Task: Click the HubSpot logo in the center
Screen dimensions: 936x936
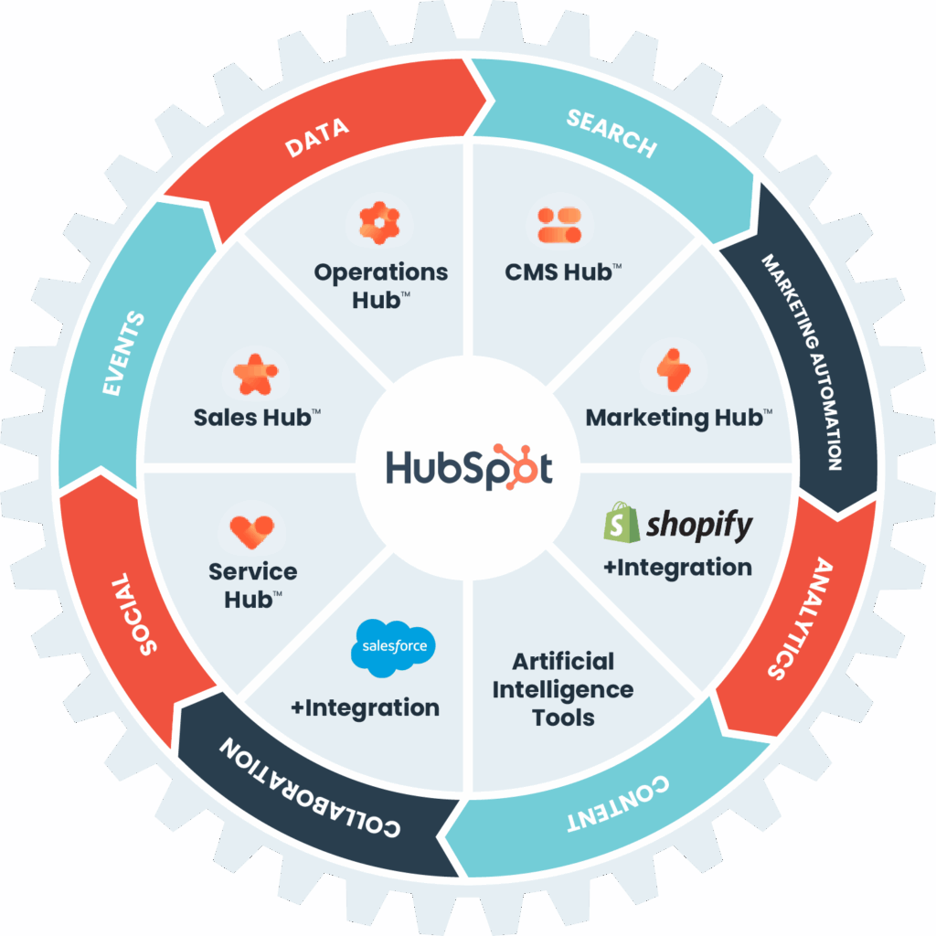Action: [x=468, y=468]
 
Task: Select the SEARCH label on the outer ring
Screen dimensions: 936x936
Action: [x=611, y=133]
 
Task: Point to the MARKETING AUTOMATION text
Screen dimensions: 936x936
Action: [x=802, y=360]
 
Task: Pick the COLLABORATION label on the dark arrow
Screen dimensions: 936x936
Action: [x=311, y=787]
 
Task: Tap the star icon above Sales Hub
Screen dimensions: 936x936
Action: [x=255, y=374]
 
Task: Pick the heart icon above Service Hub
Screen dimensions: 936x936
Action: [x=251, y=529]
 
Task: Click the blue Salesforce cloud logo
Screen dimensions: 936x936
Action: [x=394, y=647]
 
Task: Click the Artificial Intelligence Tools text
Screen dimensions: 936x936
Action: [x=562, y=689]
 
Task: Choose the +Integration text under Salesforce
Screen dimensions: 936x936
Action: [x=365, y=707]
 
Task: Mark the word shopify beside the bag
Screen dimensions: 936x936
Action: [x=699, y=525]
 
